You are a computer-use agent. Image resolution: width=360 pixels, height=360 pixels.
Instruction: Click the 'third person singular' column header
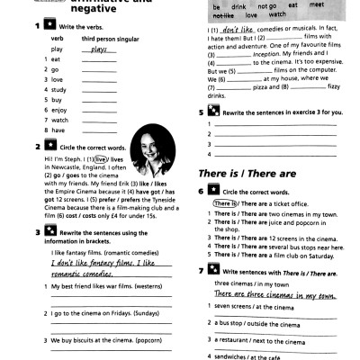pyautogui.click(x=111, y=40)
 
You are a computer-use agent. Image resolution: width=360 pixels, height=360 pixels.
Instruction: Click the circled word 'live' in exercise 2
pyautogui.click(x=102, y=157)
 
